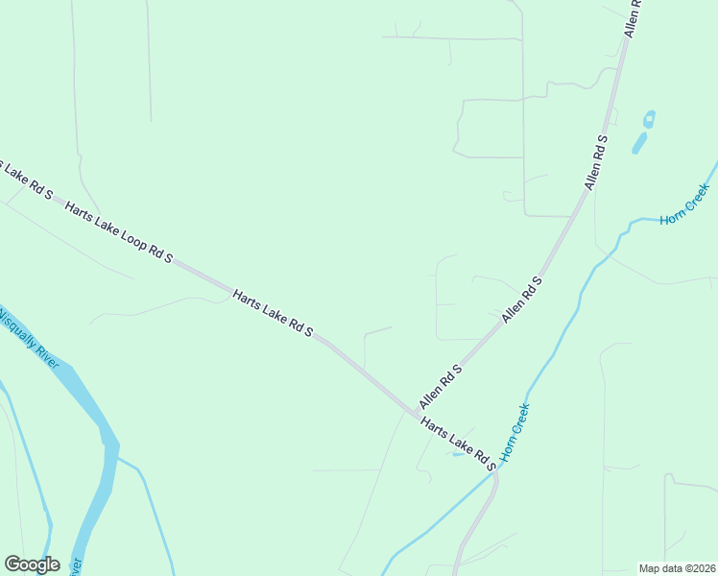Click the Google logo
click(x=32, y=564)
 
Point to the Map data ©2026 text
click(x=677, y=568)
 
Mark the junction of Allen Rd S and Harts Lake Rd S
click(x=416, y=415)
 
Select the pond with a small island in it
click(x=649, y=120)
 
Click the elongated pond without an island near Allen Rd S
click(x=638, y=143)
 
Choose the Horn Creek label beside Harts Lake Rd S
click(x=515, y=432)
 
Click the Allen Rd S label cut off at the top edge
click(x=633, y=17)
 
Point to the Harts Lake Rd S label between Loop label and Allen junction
click(x=273, y=313)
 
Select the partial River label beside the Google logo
click(x=77, y=567)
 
